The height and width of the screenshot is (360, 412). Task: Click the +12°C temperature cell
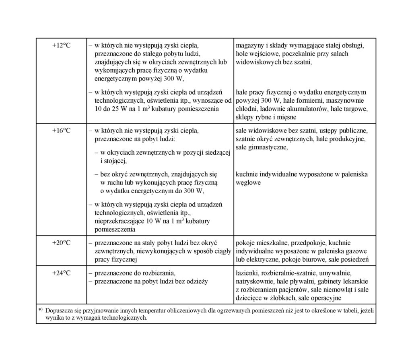click(x=61, y=46)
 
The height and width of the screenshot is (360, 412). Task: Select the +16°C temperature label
click(x=61, y=131)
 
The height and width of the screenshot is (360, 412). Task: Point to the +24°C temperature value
click(x=61, y=273)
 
